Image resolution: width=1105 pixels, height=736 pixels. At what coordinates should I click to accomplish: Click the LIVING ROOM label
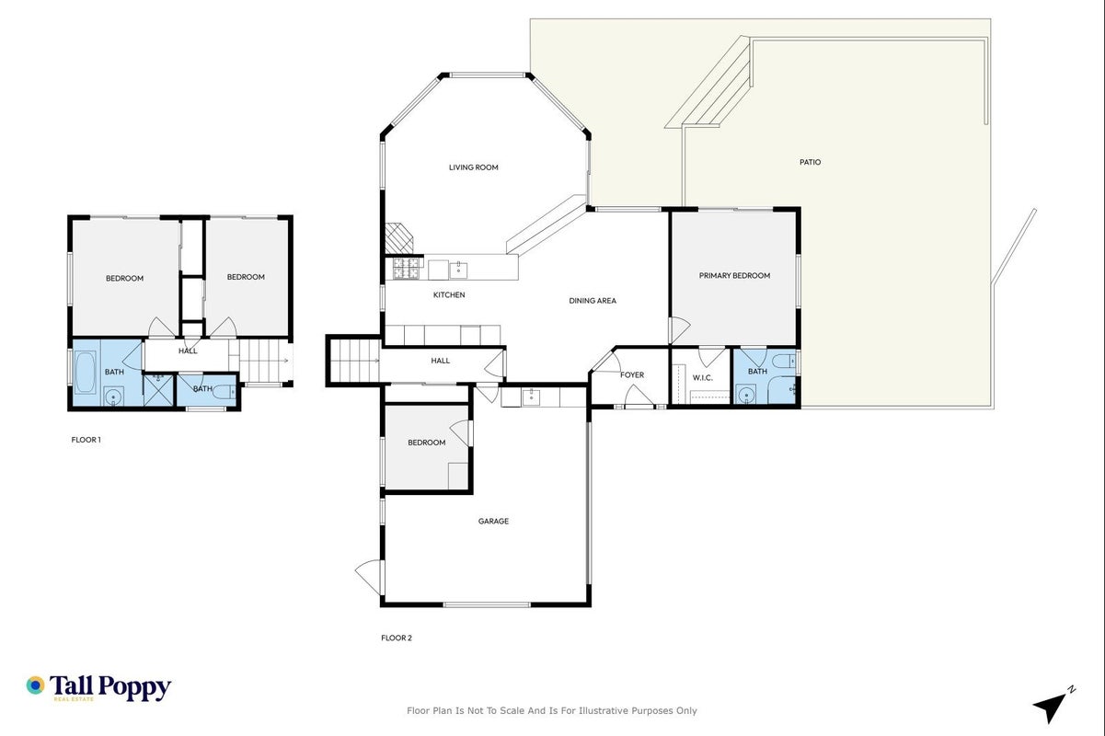tap(473, 167)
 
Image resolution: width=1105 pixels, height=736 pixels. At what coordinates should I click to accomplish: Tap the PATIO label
tap(810, 162)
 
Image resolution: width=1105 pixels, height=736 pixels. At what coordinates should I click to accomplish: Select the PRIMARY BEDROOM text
tap(734, 276)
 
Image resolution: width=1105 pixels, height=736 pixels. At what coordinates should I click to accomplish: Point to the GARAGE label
tap(493, 521)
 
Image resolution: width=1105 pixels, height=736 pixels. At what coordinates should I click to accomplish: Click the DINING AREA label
tap(593, 301)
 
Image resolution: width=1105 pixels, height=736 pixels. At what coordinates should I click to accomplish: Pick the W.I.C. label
tap(702, 378)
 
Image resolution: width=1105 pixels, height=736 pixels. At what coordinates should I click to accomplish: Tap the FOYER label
tap(632, 375)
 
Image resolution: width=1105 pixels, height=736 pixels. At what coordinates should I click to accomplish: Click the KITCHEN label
tap(449, 295)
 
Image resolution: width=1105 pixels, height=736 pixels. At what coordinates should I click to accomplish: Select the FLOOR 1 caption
tap(86, 440)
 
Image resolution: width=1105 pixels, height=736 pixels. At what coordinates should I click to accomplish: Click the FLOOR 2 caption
tap(397, 638)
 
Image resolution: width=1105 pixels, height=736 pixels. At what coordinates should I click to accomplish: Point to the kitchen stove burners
tap(406, 269)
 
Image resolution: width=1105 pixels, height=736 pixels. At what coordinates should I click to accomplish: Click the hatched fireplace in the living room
tap(399, 238)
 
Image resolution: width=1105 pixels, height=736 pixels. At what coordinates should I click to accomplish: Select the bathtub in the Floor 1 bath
tap(85, 372)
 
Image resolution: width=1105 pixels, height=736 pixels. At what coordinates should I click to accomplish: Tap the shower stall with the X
tap(158, 390)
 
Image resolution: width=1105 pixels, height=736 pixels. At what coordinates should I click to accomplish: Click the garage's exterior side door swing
tap(369, 577)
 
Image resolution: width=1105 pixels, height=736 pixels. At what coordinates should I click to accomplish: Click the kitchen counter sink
tap(458, 270)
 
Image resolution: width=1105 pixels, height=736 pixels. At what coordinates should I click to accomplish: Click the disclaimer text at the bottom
tap(551, 711)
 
